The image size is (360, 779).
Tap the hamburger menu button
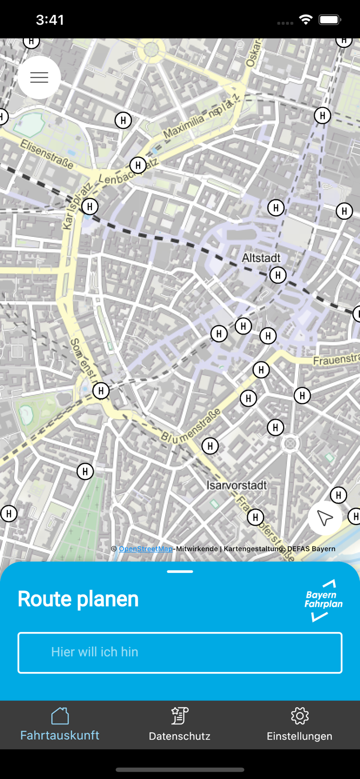(x=39, y=77)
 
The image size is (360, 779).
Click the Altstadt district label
(x=261, y=258)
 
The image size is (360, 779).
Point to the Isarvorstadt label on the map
(x=236, y=485)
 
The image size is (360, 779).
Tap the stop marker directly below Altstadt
(x=278, y=275)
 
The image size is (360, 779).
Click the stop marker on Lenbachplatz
(x=138, y=165)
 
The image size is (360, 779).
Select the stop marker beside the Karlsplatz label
(x=90, y=206)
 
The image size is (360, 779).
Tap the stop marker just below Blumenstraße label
(x=210, y=446)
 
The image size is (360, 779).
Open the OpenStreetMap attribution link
(x=145, y=548)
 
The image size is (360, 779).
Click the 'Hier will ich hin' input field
(x=180, y=652)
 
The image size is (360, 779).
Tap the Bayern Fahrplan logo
(x=323, y=600)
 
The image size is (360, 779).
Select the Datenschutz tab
(x=180, y=724)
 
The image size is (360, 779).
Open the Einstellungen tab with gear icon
(x=299, y=724)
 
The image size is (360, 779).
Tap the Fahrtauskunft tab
(x=60, y=724)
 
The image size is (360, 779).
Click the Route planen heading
(x=78, y=599)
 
